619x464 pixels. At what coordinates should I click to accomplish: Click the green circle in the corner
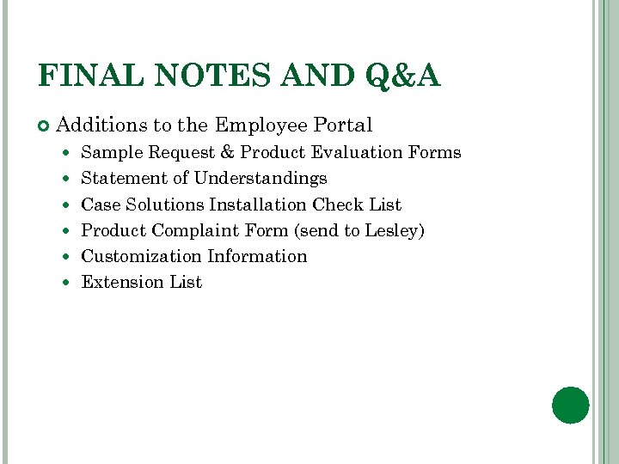[571, 405]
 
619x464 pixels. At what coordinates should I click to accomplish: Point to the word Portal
[343, 125]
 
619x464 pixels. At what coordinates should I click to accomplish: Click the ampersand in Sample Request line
[227, 153]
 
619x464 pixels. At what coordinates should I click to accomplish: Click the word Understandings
[260, 179]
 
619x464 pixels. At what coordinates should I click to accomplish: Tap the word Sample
[112, 153]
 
